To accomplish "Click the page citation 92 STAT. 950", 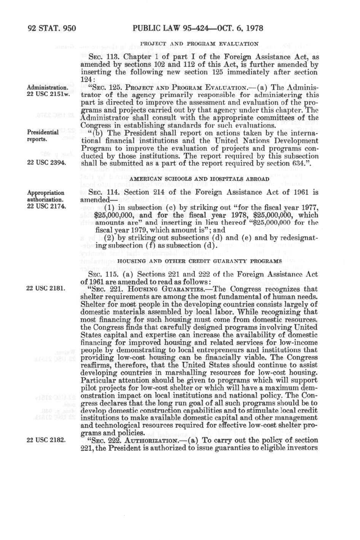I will click(52, 28).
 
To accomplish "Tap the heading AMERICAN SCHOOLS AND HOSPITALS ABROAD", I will click(200, 179).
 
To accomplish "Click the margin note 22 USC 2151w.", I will click(48, 94).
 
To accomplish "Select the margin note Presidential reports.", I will click(43, 136).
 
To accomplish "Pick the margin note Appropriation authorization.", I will click(45, 196).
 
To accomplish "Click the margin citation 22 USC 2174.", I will click(47, 207).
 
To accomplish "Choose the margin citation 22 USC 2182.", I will click(47, 440).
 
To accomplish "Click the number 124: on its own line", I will click(88, 79).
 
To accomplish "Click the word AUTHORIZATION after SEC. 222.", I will click(146, 440).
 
